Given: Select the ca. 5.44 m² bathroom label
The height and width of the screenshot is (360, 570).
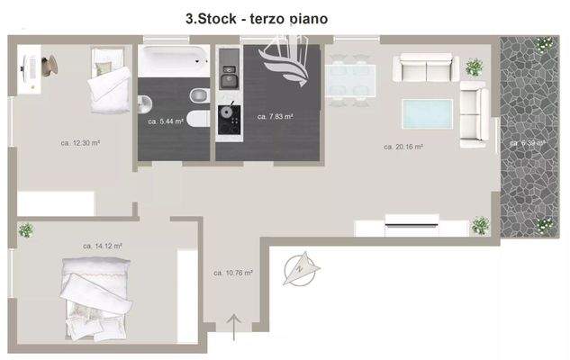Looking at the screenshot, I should pos(166,121).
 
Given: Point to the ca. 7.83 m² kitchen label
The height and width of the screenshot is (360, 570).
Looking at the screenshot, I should pos(276,116).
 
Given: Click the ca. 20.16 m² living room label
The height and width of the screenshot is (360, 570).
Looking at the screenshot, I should pos(403,147).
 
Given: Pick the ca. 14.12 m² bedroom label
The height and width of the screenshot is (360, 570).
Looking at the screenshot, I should pos(103,246).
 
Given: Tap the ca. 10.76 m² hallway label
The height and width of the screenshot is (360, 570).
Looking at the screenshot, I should pos(232,272).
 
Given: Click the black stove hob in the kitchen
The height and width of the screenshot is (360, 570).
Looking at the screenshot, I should pos(228,115).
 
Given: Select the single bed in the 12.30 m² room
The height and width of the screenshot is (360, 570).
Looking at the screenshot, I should pos(107,78).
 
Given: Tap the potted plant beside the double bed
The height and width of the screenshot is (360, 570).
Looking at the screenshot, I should pos(26,229).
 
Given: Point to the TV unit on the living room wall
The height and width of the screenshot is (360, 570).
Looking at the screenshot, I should pos(411,219).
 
